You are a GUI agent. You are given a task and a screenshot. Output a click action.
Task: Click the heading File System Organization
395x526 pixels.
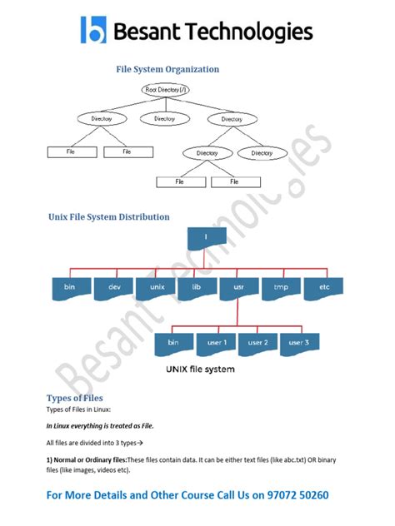[167, 69]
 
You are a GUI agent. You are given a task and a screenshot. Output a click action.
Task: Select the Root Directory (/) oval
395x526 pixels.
[165, 90]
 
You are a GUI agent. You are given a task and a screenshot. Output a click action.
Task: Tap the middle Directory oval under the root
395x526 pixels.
[164, 119]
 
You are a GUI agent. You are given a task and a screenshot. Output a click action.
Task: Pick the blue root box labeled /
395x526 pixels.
[205, 237]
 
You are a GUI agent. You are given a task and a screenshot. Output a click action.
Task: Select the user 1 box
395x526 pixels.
[216, 342]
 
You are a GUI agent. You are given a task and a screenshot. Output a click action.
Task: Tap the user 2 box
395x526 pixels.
[257, 342]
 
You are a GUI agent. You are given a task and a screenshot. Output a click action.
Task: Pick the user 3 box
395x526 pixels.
[299, 342]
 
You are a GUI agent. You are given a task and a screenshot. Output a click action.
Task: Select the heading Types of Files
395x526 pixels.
[74, 398]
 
